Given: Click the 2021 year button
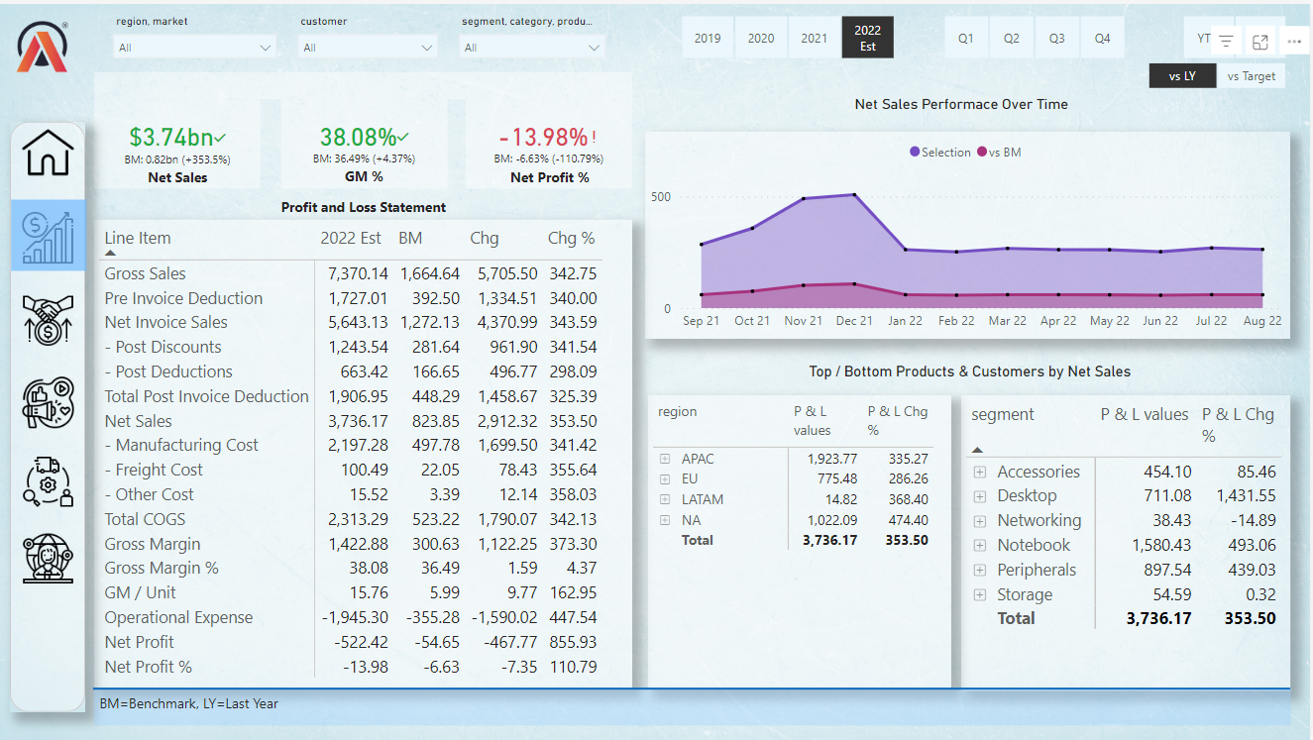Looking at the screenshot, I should (814, 39).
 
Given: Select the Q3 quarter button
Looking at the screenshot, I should (1056, 39).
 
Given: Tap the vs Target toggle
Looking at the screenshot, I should (1251, 76).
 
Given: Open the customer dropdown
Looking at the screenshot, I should (368, 48).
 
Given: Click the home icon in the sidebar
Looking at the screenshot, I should (49, 154).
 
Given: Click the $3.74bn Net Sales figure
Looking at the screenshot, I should (171, 138).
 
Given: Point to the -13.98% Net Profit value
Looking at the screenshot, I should (543, 138).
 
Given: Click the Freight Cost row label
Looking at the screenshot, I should (159, 470).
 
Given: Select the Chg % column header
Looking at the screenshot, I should (571, 238).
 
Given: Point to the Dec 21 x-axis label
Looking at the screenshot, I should (854, 321).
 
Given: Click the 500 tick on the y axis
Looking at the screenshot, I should (661, 197).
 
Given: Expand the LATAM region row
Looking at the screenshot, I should (665, 499).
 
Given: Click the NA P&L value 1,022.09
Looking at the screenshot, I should (833, 519).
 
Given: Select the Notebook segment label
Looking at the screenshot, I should (1034, 545).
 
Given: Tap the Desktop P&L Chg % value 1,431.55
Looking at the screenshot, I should (1240, 495).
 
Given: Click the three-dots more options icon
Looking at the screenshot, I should (1294, 42).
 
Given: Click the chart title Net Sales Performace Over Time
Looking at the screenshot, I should (961, 104).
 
